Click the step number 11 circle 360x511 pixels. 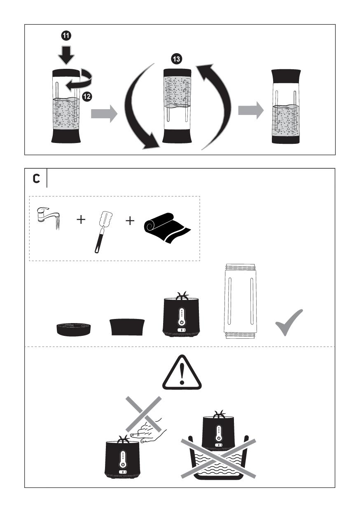point(66,36)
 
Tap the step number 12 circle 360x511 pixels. point(87,96)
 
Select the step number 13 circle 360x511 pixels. point(176,59)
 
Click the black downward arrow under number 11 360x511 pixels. point(66,55)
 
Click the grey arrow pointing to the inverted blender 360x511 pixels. point(104,114)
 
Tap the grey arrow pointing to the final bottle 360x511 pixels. point(251,110)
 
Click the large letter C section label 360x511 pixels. point(37,178)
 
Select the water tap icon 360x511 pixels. point(49,218)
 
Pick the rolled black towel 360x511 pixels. point(168,228)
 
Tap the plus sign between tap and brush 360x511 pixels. point(81,220)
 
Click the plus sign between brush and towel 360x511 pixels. point(130,220)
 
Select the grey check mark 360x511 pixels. point(289,322)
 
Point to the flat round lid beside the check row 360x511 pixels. point(73,328)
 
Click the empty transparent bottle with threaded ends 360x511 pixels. point(240,301)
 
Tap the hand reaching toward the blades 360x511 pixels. point(148,431)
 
